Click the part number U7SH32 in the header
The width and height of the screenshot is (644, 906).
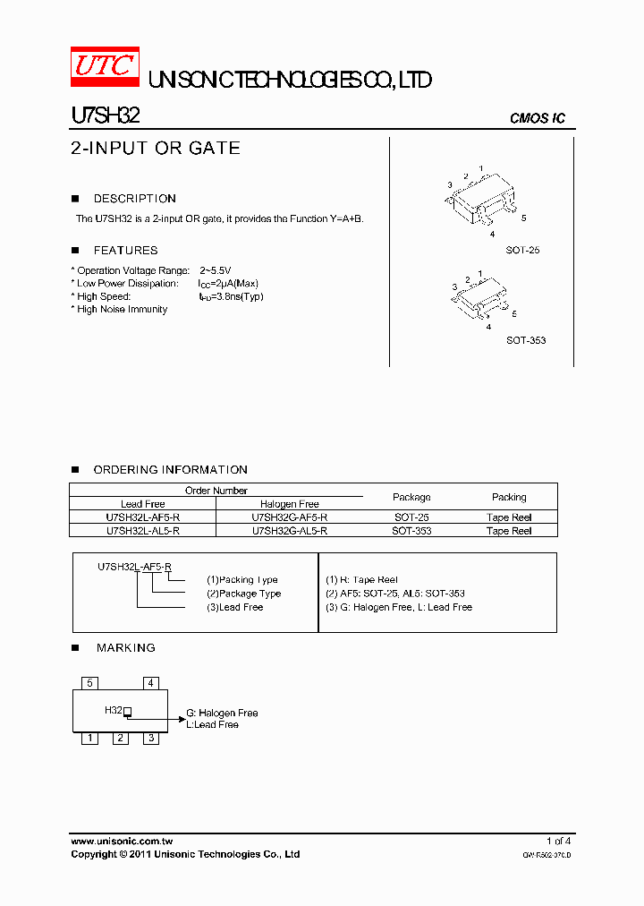click(104, 116)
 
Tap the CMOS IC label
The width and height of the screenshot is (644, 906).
click(537, 118)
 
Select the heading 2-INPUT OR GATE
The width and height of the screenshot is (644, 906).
click(156, 149)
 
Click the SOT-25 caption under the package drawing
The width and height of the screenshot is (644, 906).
click(522, 251)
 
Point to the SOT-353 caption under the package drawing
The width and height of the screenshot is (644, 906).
click(525, 340)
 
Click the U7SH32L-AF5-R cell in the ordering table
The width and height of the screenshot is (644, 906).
click(143, 517)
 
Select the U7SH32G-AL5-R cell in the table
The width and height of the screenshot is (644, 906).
click(289, 531)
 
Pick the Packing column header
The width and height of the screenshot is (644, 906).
click(509, 497)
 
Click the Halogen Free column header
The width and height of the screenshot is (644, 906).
click(289, 504)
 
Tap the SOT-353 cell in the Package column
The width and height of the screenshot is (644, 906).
click(411, 531)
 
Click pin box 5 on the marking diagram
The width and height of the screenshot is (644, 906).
click(89, 683)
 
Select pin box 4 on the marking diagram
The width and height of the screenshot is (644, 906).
click(151, 683)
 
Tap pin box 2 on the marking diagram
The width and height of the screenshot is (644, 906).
click(120, 739)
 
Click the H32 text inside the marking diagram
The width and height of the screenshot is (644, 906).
click(114, 710)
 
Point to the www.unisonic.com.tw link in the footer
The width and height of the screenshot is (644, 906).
click(121, 841)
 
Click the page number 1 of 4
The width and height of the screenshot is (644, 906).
click(557, 841)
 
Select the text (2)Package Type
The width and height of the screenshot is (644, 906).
click(243, 594)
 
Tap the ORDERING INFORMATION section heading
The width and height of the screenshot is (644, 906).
click(170, 470)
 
